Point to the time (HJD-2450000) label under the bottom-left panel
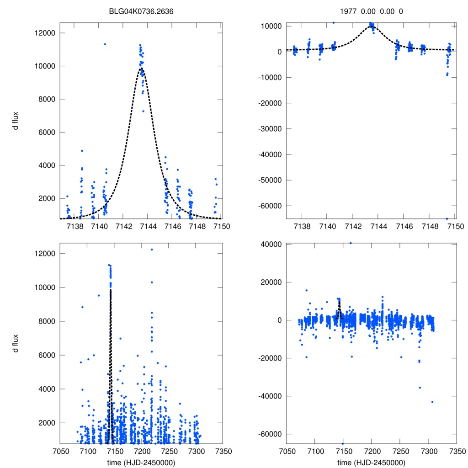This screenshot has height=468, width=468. [141, 463]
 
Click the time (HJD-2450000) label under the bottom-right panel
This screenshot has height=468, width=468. [371, 463]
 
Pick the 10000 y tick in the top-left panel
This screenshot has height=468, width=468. [46, 66]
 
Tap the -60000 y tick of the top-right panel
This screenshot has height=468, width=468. [271, 206]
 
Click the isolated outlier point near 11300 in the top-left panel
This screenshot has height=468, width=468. [105, 44]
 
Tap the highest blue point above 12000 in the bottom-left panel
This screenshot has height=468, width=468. [152, 250]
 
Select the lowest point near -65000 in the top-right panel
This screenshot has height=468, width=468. [447, 218]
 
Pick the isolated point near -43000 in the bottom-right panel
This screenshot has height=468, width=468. [432, 402]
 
